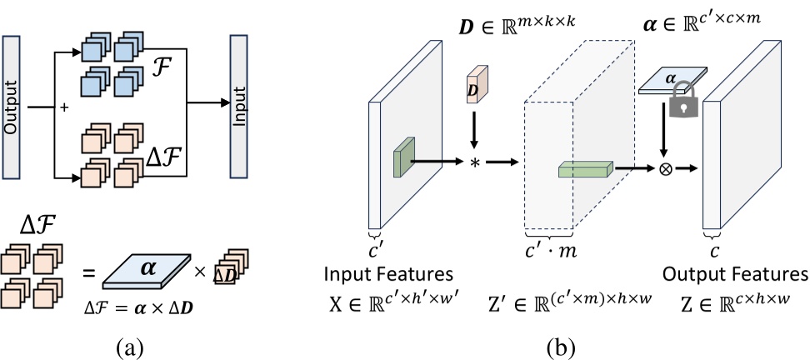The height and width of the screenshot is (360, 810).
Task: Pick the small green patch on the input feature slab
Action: (405, 158)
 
